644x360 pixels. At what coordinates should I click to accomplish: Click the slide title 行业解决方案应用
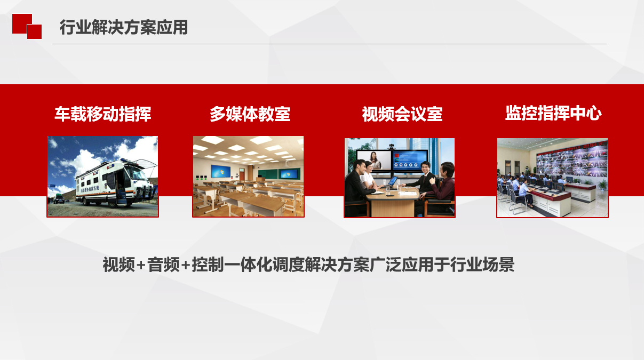[x=124, y=27]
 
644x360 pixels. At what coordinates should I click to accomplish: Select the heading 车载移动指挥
[x=102, y=114]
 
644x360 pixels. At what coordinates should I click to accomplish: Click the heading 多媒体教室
[x=250, y=114]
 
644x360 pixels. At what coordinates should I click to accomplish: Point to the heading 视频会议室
[x=402, y=114]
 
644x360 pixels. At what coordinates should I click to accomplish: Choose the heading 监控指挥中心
[x=553, y=113]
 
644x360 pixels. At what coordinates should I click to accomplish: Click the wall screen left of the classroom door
[x=220, y=171]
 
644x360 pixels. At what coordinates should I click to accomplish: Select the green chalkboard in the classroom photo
[x=267, y=174]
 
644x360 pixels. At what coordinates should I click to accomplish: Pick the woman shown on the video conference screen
[x=373, y=160]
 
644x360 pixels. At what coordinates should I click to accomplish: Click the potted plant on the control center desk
[x=602, y=185]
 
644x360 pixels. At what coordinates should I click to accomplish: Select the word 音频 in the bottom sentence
[x=164, y=265]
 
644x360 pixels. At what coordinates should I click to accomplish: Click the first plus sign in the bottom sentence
[x=141, y=265]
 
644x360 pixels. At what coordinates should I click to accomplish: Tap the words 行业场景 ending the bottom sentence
[x=482, y=265]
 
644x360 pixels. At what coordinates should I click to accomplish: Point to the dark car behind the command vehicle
[x=59, y=199]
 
